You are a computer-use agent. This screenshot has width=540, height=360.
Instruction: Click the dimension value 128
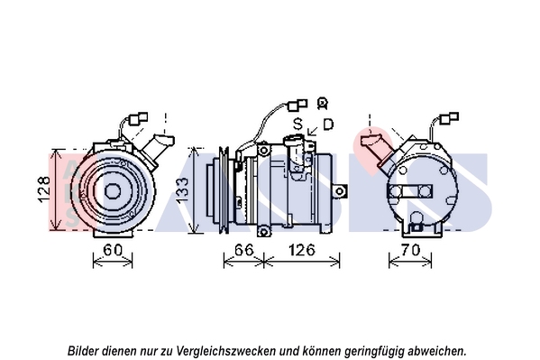(x=44, y=189)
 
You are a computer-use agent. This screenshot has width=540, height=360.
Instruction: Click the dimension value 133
(x=182, y=189)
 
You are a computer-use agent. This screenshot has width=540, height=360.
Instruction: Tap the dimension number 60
(x=113, y=250)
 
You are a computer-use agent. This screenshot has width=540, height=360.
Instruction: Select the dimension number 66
(x=243, y=249)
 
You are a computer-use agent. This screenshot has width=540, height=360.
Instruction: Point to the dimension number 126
(x=302, y=249)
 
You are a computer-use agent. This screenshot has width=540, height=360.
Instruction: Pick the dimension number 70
(x=410, y=249)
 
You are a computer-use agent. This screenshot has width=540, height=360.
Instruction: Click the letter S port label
(x=297, y=124)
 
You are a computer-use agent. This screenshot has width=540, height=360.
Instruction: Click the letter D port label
(x=328, y=124)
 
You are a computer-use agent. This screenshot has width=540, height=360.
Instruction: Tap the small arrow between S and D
(x=313, y=131)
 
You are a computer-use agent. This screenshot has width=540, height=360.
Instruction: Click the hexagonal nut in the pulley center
(x=113, y=191)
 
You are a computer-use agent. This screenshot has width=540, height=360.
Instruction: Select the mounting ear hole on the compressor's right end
(x=340, y=191)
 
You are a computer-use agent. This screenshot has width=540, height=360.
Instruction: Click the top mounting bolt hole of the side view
(x=263, y=151)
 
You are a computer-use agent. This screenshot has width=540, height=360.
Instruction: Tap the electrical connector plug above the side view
(x=297, y=105)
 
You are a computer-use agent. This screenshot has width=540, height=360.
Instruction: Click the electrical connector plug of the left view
(x=138, y=118)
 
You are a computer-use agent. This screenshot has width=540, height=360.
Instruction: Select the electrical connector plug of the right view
(x=449, y=118)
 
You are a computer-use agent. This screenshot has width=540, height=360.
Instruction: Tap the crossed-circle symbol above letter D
(x=322, y=104)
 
